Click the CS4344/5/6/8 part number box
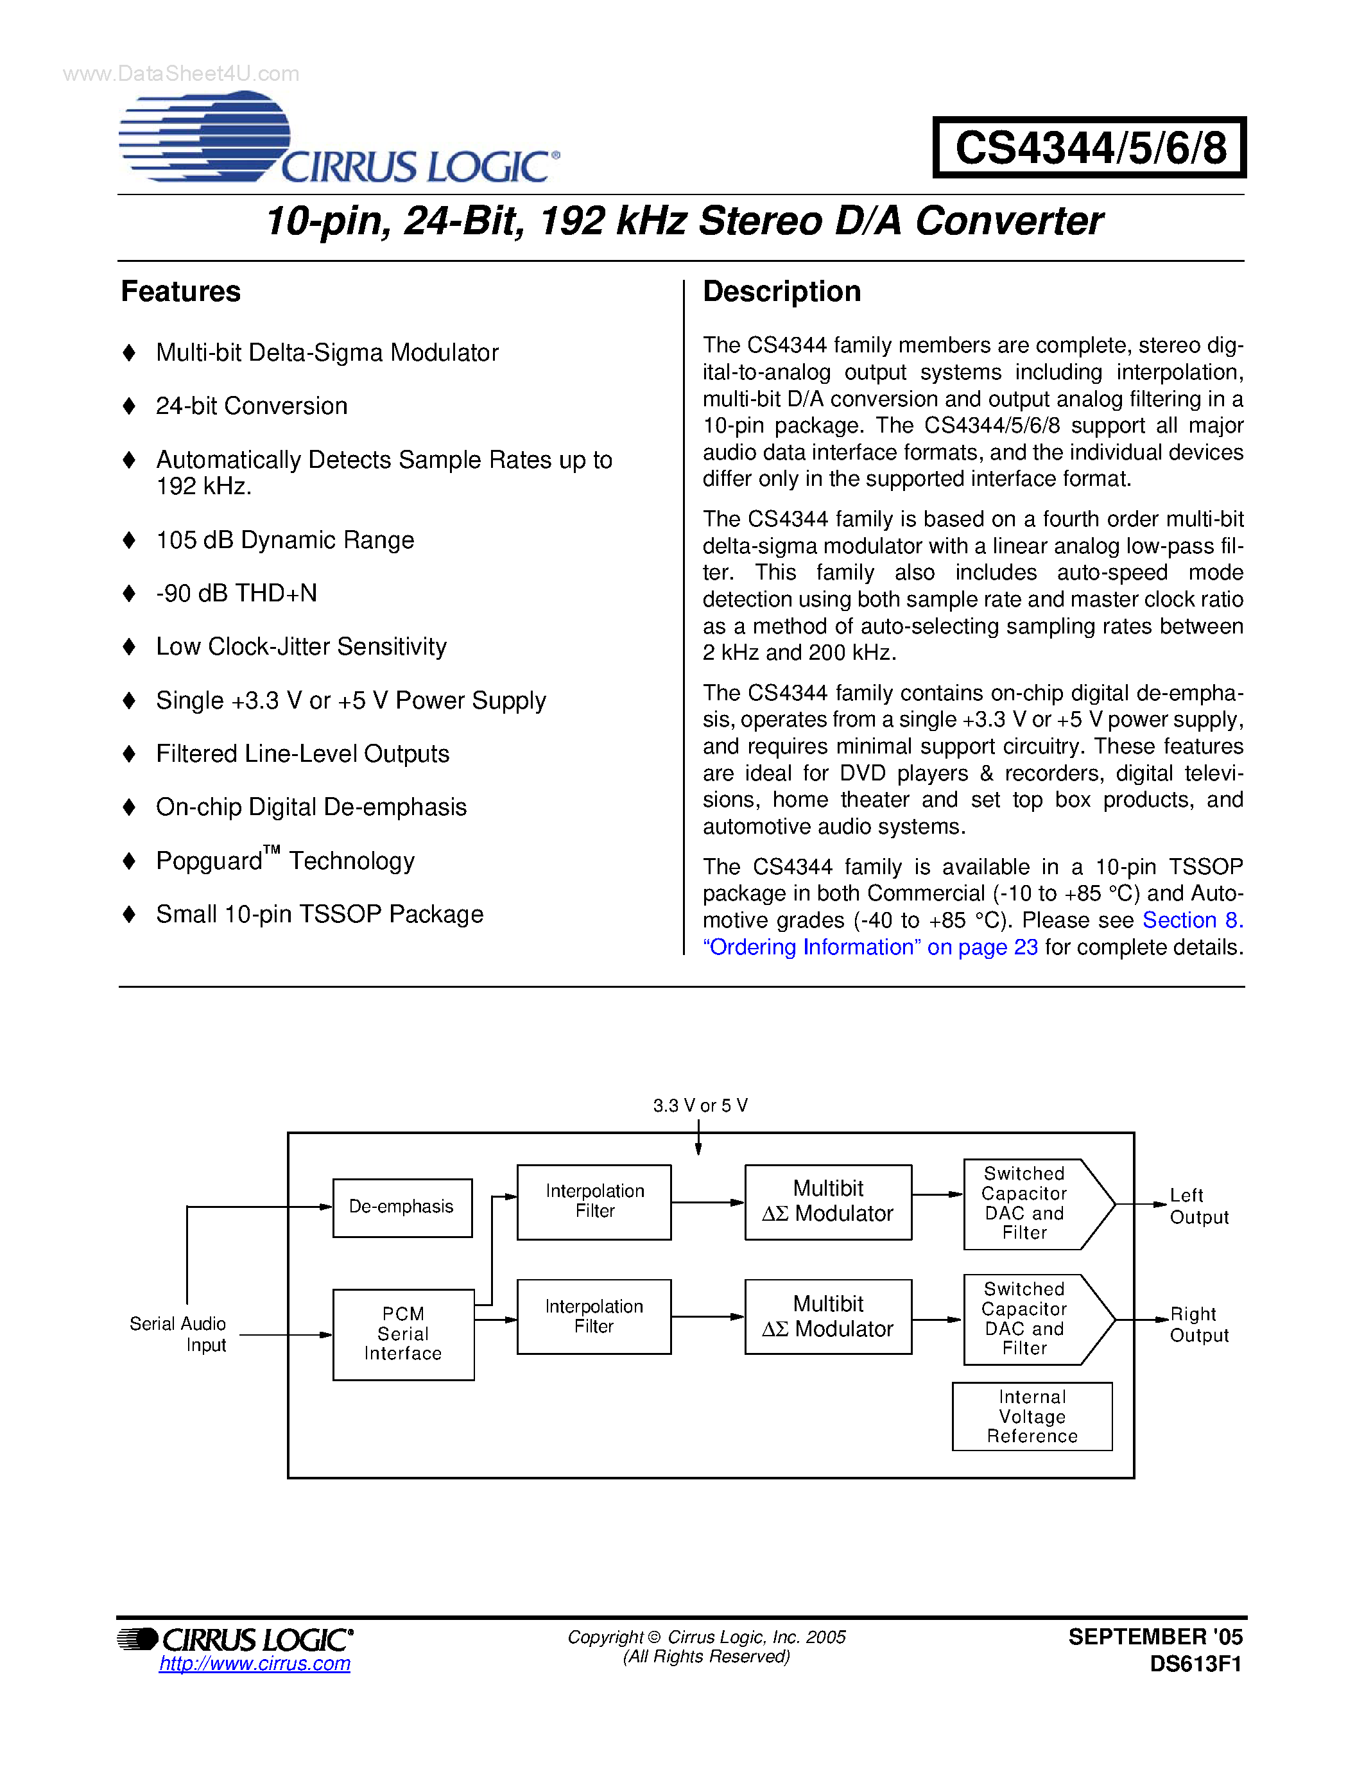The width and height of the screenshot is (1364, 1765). (1089, 148)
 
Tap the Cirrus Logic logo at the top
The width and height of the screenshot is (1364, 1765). (340, 139)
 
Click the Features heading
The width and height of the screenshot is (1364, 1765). (180, 292)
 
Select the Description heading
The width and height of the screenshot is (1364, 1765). (781, 292)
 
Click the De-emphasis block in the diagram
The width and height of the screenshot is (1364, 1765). (402, 1207)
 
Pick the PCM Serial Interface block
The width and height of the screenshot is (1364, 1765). (403, 1334)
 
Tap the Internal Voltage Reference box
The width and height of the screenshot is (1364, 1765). (1032, 1416)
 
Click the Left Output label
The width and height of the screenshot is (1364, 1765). (1198, 1206)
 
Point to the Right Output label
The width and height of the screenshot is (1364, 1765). (1198, 1323)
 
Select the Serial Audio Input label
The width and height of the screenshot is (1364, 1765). (178, 1334)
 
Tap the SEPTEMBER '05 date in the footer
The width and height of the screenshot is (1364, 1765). (1155, 1637)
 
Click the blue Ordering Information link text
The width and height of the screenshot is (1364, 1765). (870, 947)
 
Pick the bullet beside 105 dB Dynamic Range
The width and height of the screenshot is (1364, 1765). (128, 540)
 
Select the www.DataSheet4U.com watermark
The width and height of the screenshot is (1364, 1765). (181, 74)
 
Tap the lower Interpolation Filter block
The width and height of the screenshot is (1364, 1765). (594, 1316)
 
